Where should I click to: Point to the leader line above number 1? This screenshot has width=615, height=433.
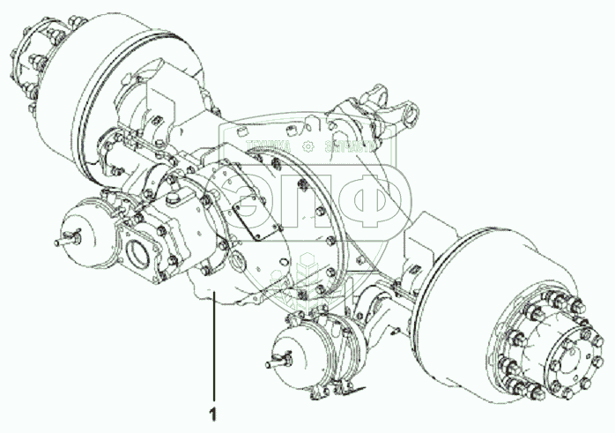tap(211, 353)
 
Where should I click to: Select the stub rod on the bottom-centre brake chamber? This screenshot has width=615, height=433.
tap(276, 361)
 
